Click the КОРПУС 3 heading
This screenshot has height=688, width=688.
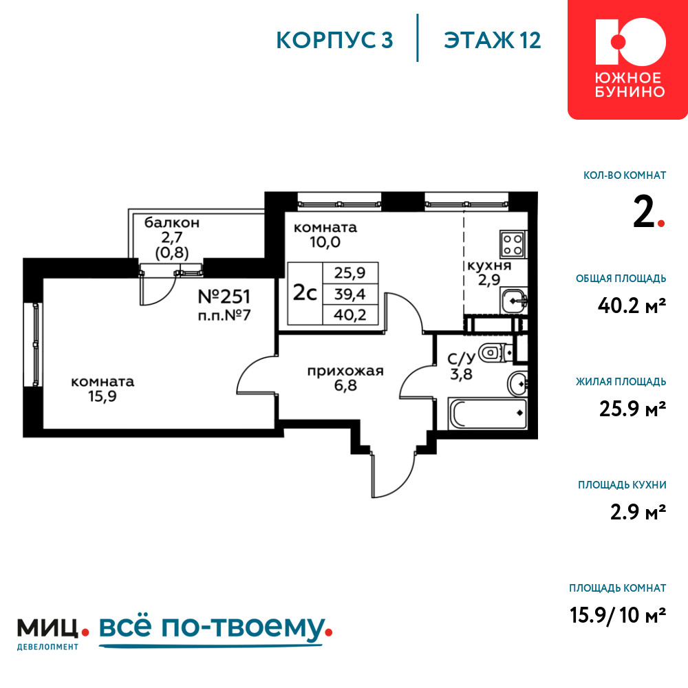334,41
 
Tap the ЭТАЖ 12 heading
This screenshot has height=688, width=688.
493,41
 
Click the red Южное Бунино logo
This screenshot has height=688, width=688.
628,60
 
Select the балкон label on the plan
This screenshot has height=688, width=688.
172,223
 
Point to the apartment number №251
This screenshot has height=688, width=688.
224,297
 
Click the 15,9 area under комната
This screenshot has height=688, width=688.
103,396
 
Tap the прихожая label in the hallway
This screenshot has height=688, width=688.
345,372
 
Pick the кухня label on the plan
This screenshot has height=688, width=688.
489,266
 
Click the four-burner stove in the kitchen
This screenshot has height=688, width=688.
513,245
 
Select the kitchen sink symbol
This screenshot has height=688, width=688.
513,301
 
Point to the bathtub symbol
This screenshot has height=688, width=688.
487,413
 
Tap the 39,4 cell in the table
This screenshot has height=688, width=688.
350,294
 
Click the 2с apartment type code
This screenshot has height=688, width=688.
305,293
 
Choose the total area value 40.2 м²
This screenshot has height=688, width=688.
632,305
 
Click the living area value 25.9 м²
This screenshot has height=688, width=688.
632,409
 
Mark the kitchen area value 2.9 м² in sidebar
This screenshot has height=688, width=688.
638,512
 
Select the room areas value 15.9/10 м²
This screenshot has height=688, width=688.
618,614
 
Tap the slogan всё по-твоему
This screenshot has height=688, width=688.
215,630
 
